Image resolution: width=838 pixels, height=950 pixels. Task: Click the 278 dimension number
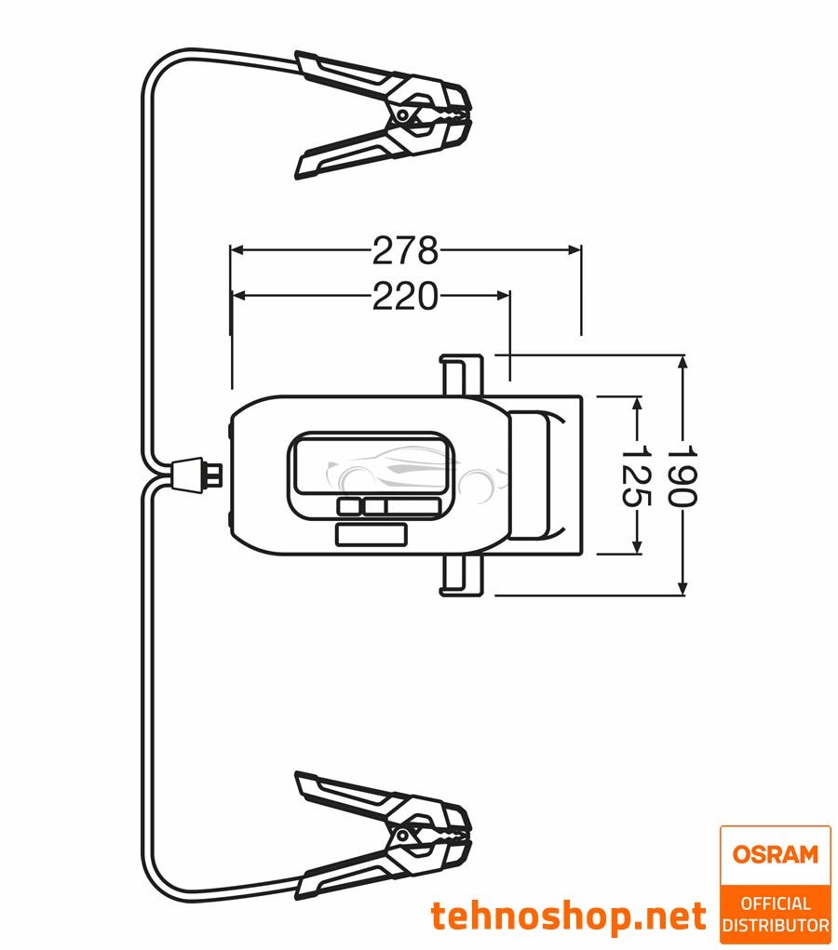tap(405, 250)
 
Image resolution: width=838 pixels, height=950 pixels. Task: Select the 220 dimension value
tap(405, 296)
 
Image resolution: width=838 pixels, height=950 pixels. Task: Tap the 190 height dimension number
tap(683, 475)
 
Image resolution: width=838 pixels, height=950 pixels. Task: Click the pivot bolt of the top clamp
tap(402, 114)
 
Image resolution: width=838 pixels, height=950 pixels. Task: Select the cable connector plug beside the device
tap(197, 474)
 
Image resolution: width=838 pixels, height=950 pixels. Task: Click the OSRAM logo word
tap(775, 854)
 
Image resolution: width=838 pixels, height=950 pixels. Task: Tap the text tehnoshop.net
tap(568, 917)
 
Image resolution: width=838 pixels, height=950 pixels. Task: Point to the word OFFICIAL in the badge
tap(775, 903)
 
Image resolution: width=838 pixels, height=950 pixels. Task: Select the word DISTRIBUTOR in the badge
tap(775, 926)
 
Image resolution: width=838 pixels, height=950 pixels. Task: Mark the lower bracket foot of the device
tap(461, 574)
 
